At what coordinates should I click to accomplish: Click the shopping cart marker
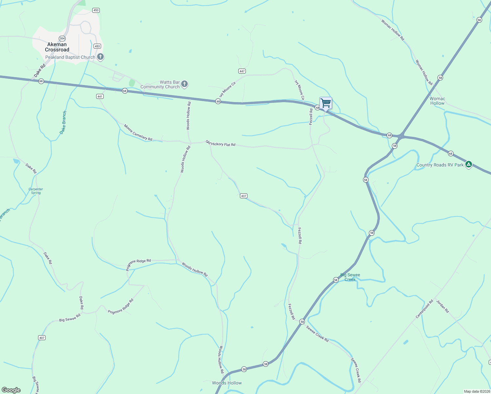click(x=326, y=103)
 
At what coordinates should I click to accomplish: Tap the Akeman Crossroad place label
click(x=57, y=47)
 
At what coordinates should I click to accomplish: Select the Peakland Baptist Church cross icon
click(x=101, y=57)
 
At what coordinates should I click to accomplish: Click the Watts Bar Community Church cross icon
click(x=184, y=84)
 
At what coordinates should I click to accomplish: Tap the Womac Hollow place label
click(x=437, y=101)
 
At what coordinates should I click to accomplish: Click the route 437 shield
click(x=243, y=196)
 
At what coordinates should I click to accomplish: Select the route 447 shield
click(x=242, y=71)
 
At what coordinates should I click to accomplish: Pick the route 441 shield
click(x=100, y=96)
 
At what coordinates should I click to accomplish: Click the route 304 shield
click(x=62, y=38)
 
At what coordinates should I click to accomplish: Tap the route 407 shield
click(x=42, y=338)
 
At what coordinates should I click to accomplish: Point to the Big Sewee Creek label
click(x=350, y=277)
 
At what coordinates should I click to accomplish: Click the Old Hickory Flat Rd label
click(x=221, y=143)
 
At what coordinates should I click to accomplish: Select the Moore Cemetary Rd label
click(x=138, y=132)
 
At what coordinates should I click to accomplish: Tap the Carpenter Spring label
click(x=36, y=191)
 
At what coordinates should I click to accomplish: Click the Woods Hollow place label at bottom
click(x=227, y=383)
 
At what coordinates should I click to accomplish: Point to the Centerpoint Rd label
click(x=424, y=309)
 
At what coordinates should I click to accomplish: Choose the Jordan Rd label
click(x=442, y=307)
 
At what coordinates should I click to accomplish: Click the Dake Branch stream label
click(x=63, y=122)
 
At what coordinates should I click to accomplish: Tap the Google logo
click(x=11, y=390)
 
